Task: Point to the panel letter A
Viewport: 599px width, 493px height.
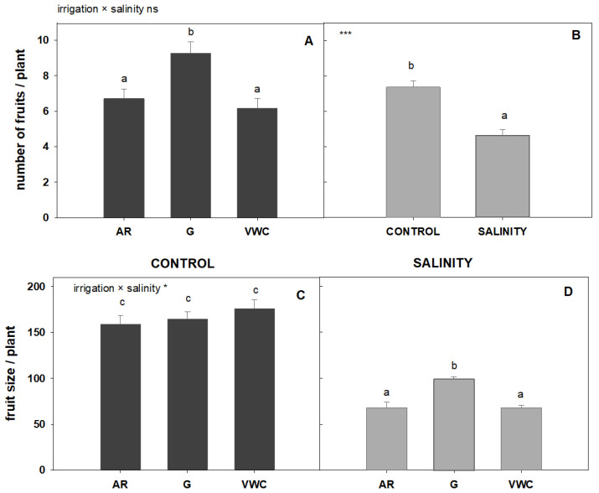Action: tap(308, 39)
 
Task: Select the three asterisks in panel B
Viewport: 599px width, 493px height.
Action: tap(344, 34)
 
